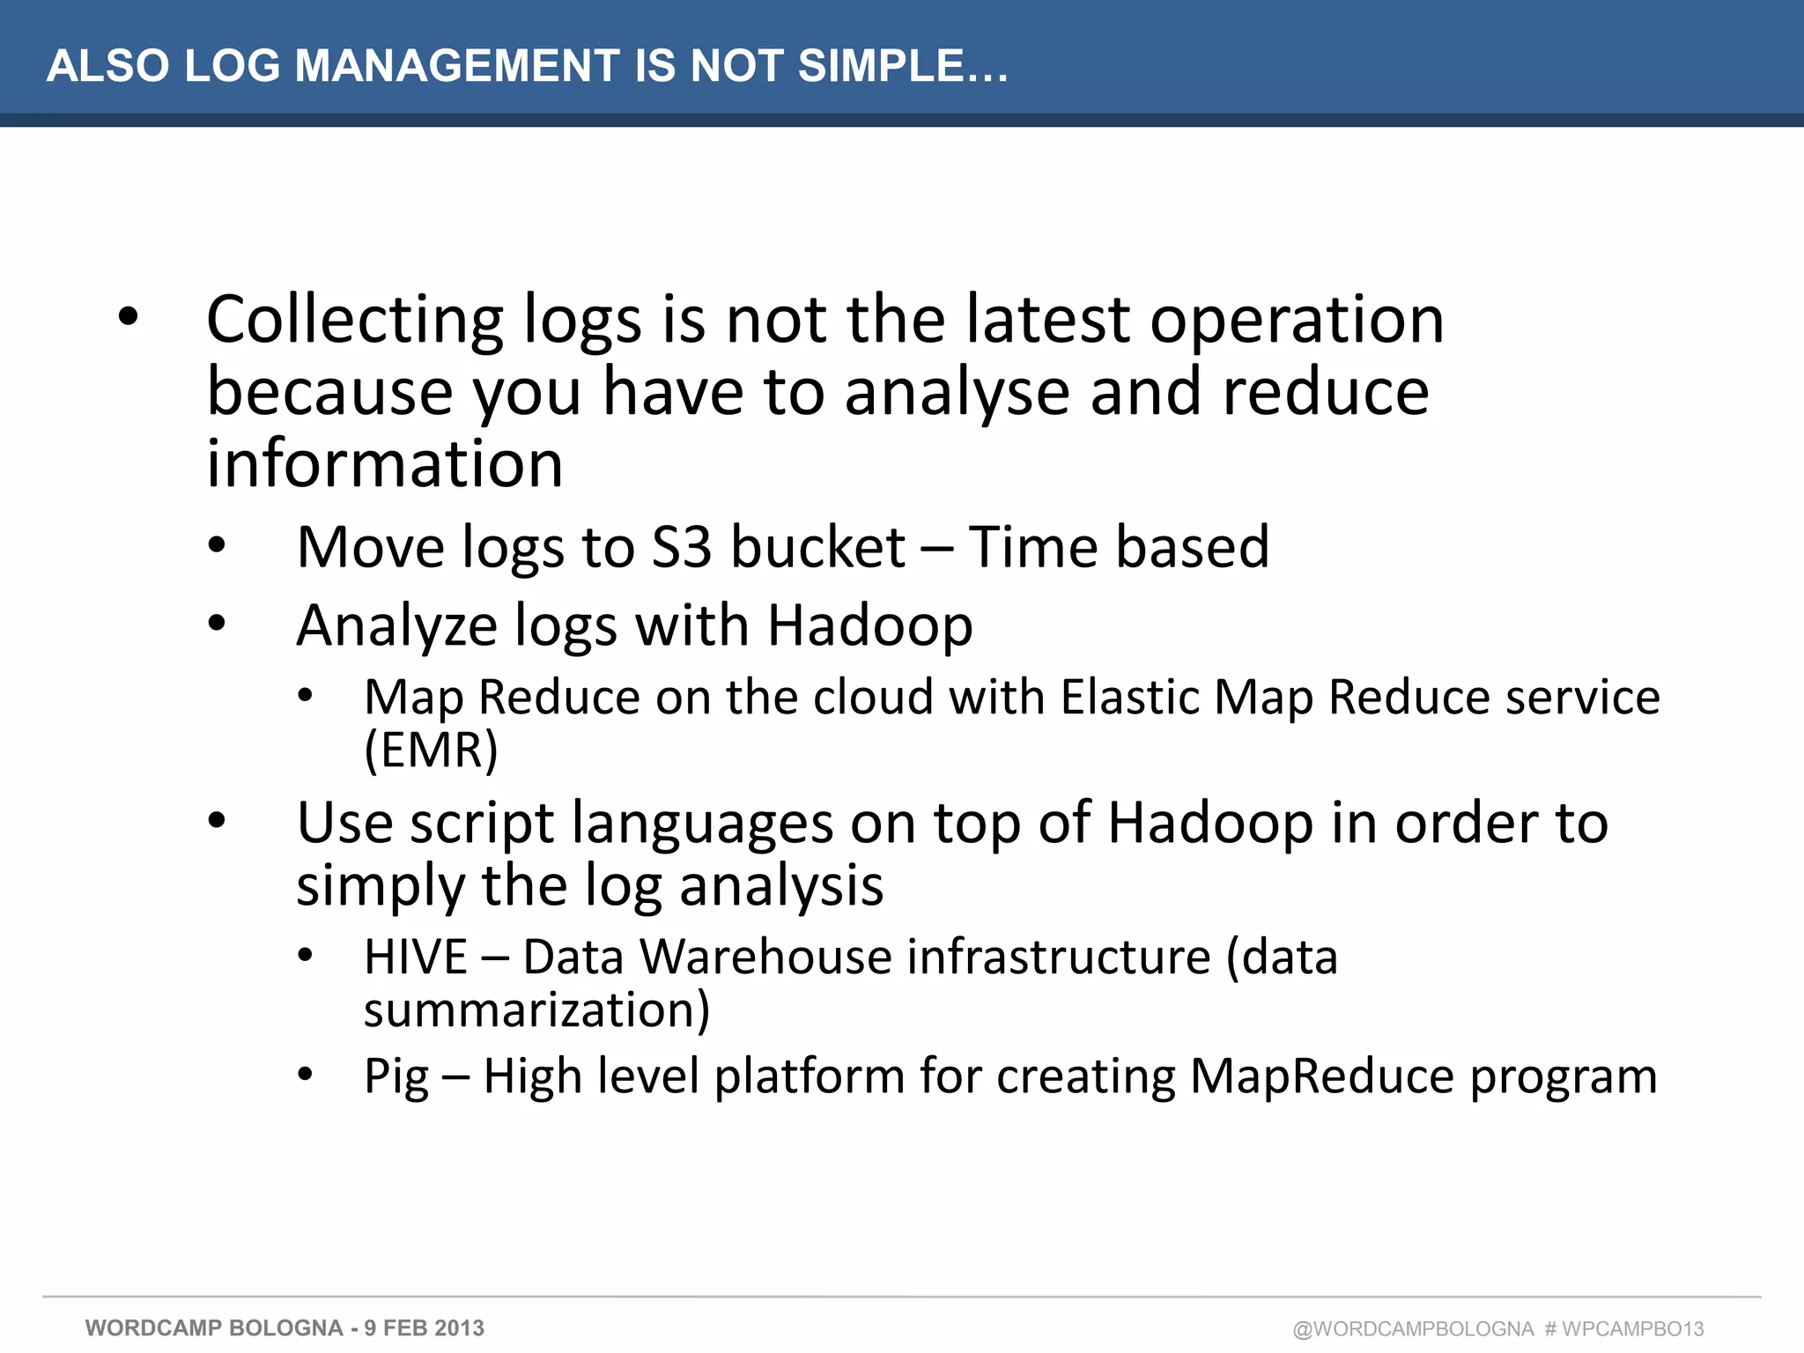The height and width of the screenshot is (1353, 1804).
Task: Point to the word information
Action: tap(384, 464)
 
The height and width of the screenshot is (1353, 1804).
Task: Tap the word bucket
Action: tap(817, 547)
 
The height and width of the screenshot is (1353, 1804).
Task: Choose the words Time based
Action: tap(1119, 547)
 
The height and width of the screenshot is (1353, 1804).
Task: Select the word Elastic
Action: tap(1128, 697)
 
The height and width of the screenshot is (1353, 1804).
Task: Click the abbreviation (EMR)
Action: tap(431, 750)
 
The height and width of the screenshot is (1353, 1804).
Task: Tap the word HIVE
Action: tap(415, 957)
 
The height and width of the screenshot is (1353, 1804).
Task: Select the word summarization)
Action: tap(536, 1009)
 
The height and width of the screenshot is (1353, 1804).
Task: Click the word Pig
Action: tap(396, 1076)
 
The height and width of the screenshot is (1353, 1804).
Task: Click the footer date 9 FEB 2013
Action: tap(424, 1328)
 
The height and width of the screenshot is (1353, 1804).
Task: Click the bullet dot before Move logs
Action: tap(217, 546)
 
